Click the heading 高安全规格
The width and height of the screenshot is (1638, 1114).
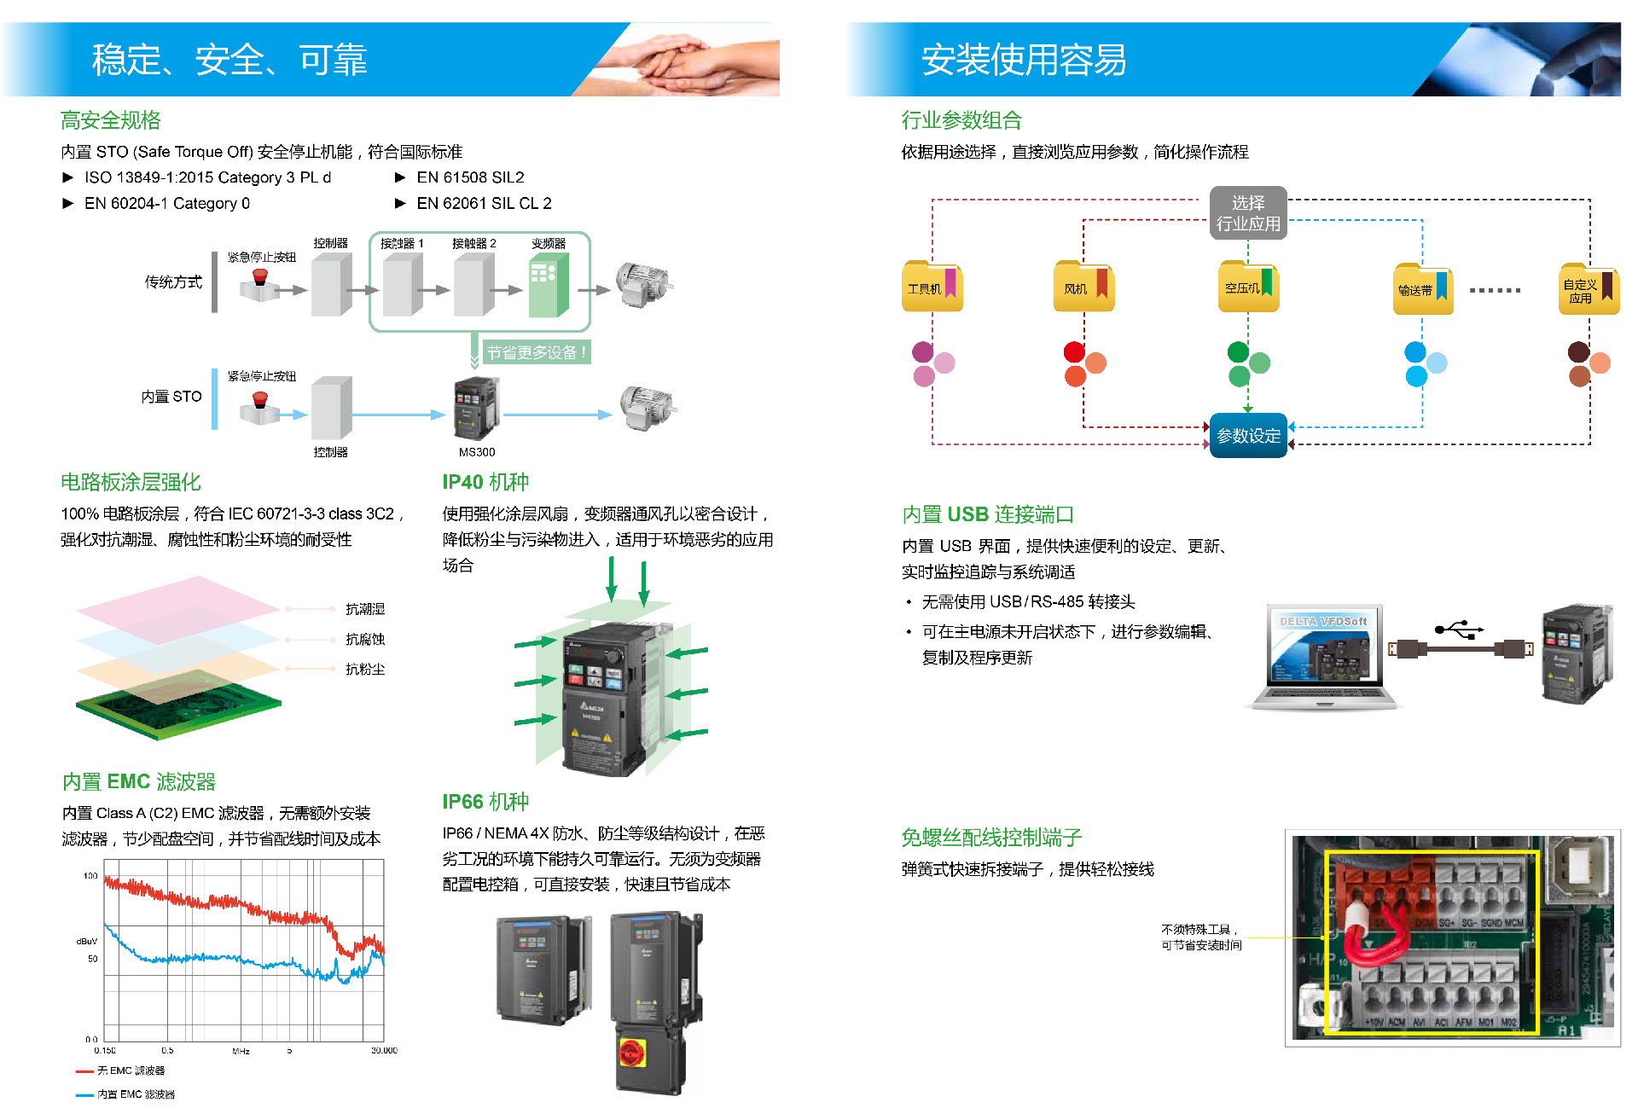click(x=110, y=120)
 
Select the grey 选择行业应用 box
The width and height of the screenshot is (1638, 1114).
click(x=1247, y=213)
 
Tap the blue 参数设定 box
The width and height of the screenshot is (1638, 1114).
click(x=1248, y=436)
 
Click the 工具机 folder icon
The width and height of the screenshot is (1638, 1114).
click(x=932, y=287)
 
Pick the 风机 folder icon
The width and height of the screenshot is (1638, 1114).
click(x=1083, y=287)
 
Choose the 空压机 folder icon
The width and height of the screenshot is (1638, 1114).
click(x=1248, y=287)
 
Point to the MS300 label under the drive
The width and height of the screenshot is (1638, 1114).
click(x=477, y=452)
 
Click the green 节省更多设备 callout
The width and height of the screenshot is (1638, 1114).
click(x=537, y=352)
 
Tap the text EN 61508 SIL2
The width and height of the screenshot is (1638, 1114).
click(x=470, y=177)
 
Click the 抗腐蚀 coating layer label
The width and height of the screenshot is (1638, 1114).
click(x=365, y=639)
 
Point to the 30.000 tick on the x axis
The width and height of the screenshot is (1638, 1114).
click(x=384, y=1050)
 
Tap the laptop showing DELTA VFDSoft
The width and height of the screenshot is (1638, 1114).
click(x=1324, y=658)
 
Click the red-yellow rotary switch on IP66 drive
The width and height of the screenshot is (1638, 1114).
click(x=633, y=1053)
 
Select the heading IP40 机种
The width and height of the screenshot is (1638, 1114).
click(x=485, y=482)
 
